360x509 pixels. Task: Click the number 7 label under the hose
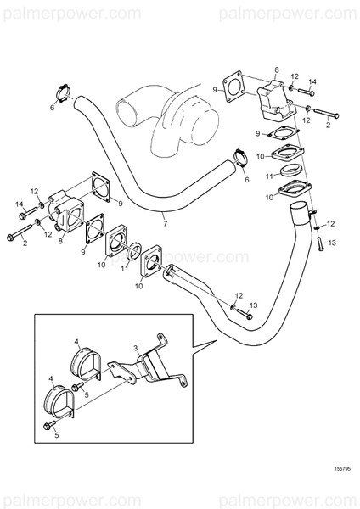coord(164,225)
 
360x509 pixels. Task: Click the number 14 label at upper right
coord(312,81)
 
